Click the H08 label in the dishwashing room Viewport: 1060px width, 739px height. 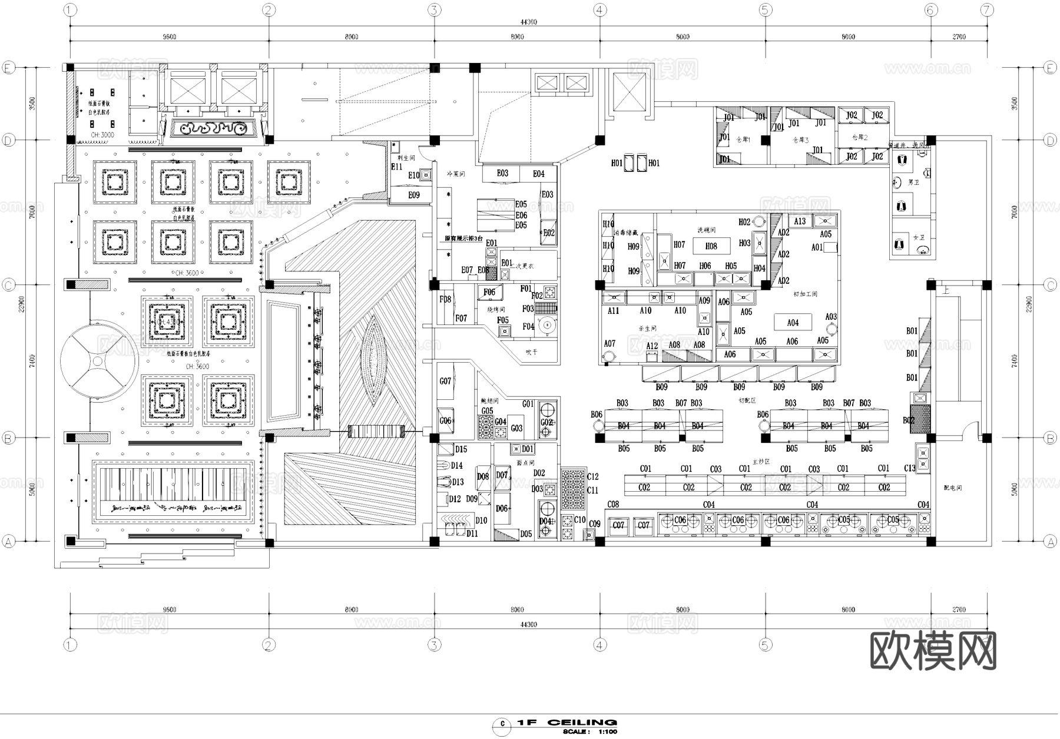711,246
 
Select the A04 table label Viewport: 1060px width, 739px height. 793,323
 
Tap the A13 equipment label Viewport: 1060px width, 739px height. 800,221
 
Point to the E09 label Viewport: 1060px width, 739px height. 414,195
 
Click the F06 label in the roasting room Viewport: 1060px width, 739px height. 489,292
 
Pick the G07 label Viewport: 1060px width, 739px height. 445,381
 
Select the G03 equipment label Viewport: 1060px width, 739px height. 516,428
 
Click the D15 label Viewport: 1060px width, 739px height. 461,449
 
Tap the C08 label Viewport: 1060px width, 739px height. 613,505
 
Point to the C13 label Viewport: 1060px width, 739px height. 910,468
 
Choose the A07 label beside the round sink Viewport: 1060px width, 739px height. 609,343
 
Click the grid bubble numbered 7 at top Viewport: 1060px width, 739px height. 987,9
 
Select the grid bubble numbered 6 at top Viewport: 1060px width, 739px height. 930,9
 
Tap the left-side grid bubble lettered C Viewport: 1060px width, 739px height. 8,285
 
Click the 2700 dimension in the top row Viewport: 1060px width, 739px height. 959,37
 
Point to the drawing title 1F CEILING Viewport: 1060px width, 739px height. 567,722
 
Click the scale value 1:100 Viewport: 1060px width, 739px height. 607,731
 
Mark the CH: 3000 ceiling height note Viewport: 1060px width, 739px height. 102,135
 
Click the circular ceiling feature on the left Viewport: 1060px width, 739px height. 99,361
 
